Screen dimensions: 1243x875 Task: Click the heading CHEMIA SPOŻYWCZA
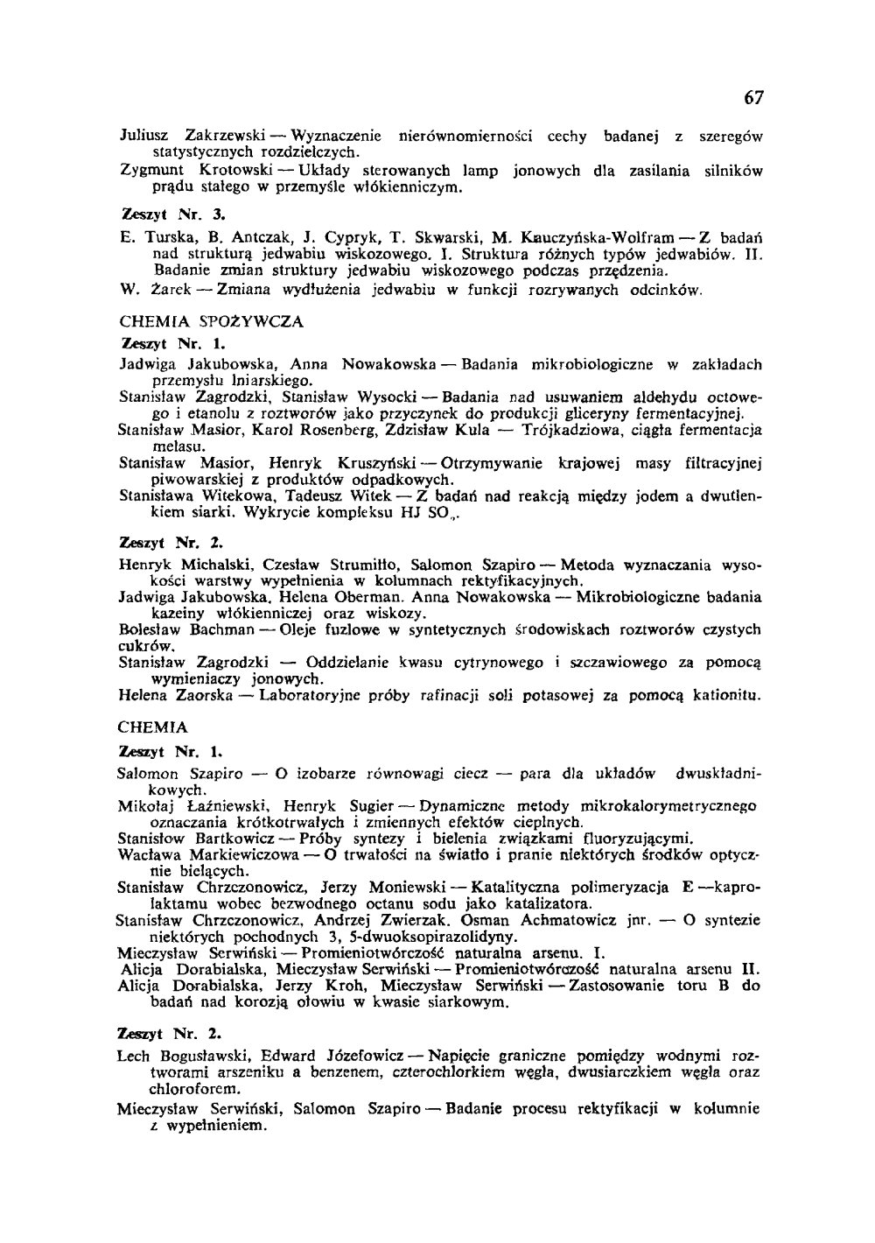click(210, 321)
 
